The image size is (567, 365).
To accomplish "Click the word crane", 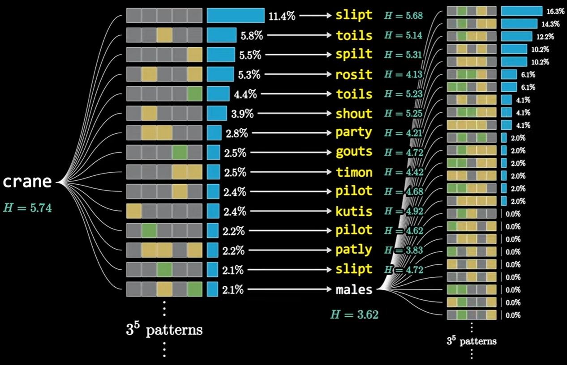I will pos(27,182).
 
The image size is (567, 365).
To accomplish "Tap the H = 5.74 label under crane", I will pos(27,207).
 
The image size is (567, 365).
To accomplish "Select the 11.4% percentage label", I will pos(282,17).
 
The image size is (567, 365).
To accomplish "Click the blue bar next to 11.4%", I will pos(236,15).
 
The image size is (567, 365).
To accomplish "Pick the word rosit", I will pos(354,74).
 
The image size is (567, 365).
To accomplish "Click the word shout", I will pos(354,114).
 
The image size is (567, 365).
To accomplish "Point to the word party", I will pos(354,133).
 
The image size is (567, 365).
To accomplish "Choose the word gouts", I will pos(354,152).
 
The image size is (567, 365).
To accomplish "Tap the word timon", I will pos(354,172).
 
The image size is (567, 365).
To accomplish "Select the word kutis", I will pos(354,211).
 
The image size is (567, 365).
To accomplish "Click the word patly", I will pos(354,250).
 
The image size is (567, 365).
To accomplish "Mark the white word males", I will pos(354,290).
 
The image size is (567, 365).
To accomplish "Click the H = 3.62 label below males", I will pos(354,314).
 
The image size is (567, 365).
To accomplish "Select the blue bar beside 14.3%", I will pos(519,24).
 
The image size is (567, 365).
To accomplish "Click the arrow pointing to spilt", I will pos(298,55).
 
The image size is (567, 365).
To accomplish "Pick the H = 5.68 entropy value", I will pos(403,16).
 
